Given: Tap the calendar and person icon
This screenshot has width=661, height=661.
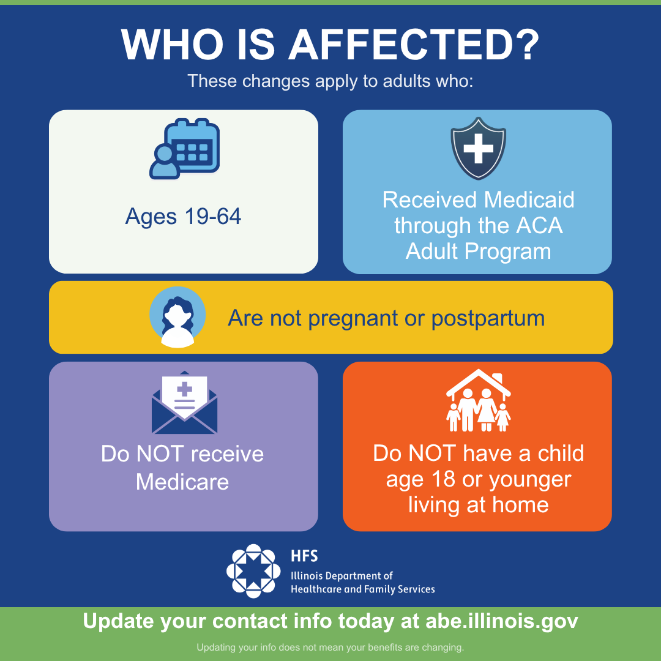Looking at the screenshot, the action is coord(185,149).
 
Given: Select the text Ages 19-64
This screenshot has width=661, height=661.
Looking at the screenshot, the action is coord(184,217).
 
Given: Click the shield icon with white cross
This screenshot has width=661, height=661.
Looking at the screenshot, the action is coord(478,148).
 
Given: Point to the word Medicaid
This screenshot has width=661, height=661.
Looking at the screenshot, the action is coord(529,200).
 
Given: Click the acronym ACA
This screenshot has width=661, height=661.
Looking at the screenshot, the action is coord(540,225).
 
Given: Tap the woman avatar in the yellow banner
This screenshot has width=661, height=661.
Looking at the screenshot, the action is coord(177,317).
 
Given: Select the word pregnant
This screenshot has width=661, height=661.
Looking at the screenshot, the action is coord(353,319).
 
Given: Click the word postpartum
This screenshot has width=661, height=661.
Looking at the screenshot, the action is coord(488,319).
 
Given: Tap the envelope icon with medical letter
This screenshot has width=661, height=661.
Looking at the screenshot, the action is coord(184,403).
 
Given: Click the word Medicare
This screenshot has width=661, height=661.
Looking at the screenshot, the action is coord(182,482).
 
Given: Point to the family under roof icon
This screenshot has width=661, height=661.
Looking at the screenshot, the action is coord(479,400).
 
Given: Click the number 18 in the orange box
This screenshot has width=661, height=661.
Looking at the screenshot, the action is coord(443,479).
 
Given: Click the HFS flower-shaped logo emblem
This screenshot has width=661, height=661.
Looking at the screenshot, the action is coord(253,571).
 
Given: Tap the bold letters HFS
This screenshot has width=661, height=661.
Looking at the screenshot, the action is coord(304,556).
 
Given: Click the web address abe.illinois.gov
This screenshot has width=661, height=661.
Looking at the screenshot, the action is coord(502,621).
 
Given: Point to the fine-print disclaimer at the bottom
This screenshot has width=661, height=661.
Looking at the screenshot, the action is coord(330,647).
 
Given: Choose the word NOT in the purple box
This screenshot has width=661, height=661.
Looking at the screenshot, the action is coord(160,454).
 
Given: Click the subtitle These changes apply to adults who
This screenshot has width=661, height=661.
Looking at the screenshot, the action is coord(330,81).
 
